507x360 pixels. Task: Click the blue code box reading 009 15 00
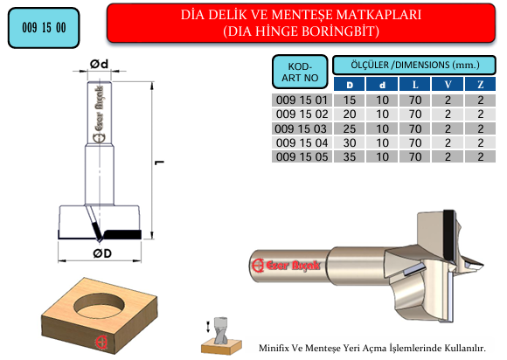[44, 28]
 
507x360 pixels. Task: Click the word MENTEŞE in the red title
[301, 15]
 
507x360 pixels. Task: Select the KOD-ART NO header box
[300, 72]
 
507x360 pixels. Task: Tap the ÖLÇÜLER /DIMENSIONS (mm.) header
[414, 65]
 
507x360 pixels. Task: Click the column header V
[448, 85]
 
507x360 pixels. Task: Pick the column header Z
[481, 85]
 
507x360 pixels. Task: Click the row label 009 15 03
[301, 129]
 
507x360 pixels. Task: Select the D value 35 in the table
[350, 157]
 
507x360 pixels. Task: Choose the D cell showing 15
[350, 100]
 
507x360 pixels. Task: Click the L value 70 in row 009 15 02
[415, 114]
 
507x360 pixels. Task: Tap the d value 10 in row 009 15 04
[382, 142]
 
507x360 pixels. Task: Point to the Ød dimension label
[100, 64]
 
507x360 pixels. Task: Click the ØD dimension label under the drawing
[102, 253]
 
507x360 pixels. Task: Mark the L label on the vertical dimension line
[160, 163]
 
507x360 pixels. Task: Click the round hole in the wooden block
[100, 305]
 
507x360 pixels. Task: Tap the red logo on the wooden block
[102, 343]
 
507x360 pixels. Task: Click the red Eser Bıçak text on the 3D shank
[293, 266]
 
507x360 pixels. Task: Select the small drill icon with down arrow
[221, 336]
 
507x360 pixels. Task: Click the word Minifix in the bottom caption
[274, 349]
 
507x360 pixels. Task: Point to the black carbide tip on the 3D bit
[448, 236]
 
